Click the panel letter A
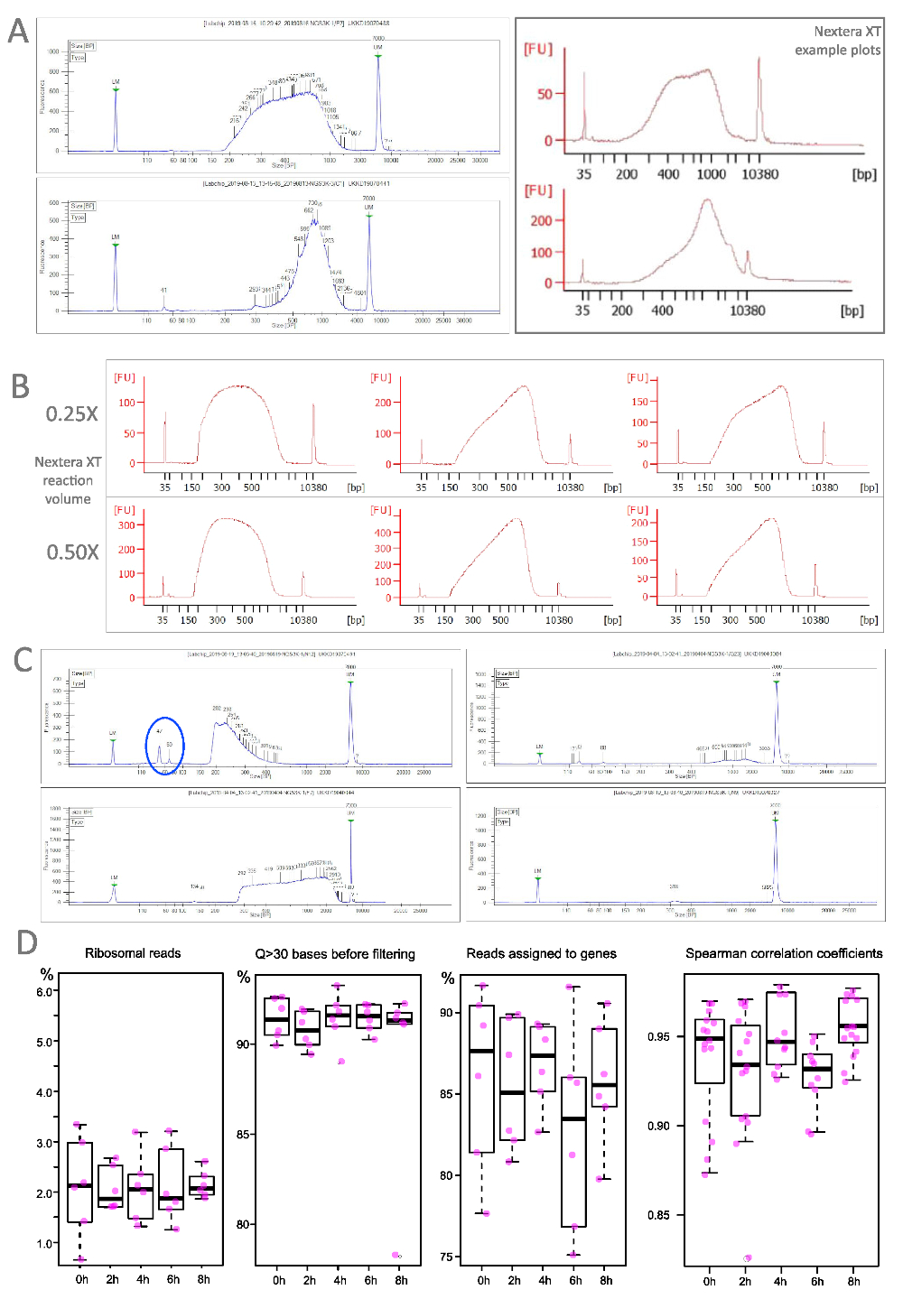[x=18, y=32]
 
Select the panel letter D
[x=26, y=942]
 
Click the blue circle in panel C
[x=165, y=746]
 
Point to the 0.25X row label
[x=72, y=414]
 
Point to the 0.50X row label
[x=72, y=552]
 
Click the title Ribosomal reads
[x=133, y=953]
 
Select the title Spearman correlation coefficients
[x=784, y=953]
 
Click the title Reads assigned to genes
[x=541, y=953]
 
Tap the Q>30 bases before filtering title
[x=335, y=954]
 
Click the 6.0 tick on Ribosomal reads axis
[x=46, y=991]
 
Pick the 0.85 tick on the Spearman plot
[x=659, y=1215]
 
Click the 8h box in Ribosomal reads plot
[x=202, y=1186]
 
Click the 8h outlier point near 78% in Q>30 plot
[x=396, y=1255]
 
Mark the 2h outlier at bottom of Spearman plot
[x=747, y=1258]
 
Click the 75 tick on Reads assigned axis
[x=446, y=1257]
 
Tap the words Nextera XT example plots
[x=837, y=41]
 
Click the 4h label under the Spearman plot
[x=780, y=1281]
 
